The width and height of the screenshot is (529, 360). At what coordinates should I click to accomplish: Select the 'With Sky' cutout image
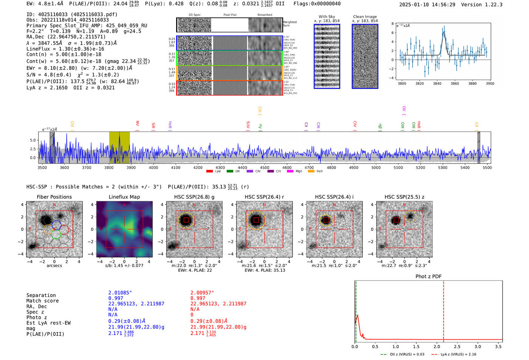(327, 56)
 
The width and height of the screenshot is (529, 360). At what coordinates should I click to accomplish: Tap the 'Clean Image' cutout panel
(365, 56)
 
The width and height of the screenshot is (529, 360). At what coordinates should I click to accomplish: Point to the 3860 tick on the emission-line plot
(455, 83)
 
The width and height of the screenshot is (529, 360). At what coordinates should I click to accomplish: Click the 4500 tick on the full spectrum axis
(264, 167)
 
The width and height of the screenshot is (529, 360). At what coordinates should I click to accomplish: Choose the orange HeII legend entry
(316, 171)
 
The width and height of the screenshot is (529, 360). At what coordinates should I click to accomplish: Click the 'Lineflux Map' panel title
(124, 197)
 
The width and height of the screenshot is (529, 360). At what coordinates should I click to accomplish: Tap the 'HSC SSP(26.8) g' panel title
(194, 197)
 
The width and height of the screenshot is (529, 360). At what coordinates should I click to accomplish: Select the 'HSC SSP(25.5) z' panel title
(404, 197)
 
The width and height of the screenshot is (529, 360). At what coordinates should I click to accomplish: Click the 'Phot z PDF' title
(428, 276)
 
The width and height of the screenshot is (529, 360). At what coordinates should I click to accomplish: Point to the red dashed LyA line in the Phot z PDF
(444, 310)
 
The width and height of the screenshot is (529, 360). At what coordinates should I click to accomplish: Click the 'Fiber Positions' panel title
(54, 197)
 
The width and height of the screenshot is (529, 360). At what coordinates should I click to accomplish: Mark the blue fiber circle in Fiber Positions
(57, 225)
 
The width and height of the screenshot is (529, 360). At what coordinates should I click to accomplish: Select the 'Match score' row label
(42, 301)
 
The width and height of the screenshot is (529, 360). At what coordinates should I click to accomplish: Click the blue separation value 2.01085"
(120, 293)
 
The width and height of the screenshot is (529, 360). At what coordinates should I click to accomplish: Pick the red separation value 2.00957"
(202, 293)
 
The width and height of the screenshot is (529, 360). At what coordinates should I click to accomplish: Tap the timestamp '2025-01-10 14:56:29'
(427, 5)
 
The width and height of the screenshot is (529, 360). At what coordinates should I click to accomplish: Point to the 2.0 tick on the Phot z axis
(436, 346)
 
